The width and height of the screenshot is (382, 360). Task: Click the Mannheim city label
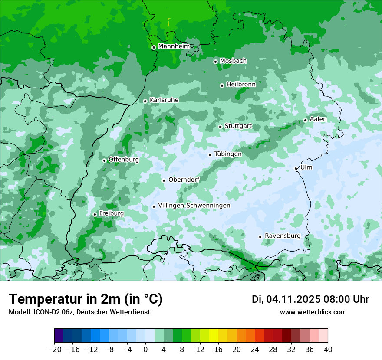coord(174,46)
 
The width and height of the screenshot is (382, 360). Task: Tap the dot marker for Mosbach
coord(215,62)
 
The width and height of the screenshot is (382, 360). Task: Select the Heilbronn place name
coord(241,85)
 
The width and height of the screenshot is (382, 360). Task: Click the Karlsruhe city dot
coord(145,101)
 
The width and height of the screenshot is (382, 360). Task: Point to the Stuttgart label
coord(238,126)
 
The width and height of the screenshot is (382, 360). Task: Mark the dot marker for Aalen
coord(306,120)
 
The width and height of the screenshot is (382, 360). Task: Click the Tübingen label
coord(228,154)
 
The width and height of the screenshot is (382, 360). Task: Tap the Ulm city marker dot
coord(296,168)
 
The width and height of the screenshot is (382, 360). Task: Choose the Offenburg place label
coord(124,160)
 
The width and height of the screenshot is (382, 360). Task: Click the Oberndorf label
coord(184,180)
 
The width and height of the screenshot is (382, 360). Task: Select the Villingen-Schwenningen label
coord(194,206)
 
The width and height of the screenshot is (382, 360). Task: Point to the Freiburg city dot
coord(95,214)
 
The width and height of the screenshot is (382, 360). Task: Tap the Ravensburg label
coord(283,236)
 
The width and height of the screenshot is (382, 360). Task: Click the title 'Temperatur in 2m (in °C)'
coord(86,299)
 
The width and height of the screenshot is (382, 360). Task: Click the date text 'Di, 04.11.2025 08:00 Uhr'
coord(310,299)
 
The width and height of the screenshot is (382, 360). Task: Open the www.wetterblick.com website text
coord(313,312)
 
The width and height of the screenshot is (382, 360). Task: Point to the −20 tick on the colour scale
coord(54,349)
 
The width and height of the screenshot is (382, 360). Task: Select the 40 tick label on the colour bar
coord(328,349)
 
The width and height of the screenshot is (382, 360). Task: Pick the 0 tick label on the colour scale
coord(145,349)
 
